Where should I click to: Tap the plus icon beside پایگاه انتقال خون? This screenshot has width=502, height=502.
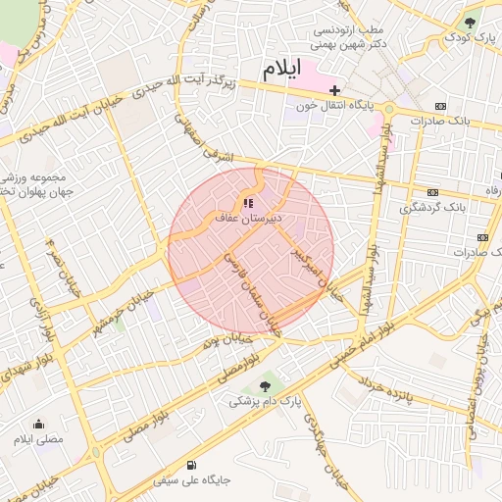(x=335, y=90)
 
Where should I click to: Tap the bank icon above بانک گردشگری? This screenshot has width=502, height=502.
(x=432, y=192)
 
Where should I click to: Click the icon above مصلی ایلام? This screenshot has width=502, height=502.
(x=38, y=424)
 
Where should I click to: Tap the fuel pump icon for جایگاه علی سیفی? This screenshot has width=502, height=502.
(x=189, y=465)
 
